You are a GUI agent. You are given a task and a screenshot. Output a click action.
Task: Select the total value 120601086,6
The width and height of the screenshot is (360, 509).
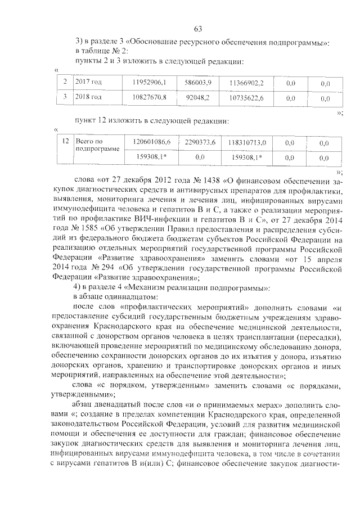(x=151, y=143)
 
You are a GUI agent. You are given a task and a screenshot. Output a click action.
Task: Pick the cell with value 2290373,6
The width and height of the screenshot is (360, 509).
(x=198, y=143)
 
